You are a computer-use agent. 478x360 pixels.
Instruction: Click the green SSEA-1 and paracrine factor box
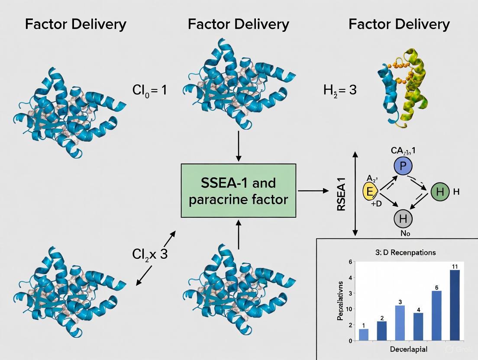coord(238,190)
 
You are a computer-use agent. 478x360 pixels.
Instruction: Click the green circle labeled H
coord(440,192)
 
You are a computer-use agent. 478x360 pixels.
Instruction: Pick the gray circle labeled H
coord(403,219)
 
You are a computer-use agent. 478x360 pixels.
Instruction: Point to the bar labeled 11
coord(455,305)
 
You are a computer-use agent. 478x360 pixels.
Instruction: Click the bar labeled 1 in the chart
coord(364,334)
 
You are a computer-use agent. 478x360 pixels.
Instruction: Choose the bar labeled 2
coord(382,331)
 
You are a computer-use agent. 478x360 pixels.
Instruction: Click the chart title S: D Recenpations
coord(405,252)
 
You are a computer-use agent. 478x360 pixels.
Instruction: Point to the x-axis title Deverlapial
coord(407,349)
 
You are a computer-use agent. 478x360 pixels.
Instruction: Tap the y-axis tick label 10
coord(349,309)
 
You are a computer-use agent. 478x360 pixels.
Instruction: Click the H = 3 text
coord(340,90)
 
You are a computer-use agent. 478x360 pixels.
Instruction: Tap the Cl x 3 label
coord(150,254)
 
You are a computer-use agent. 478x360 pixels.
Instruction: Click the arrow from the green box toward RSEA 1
coord(313,190)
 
